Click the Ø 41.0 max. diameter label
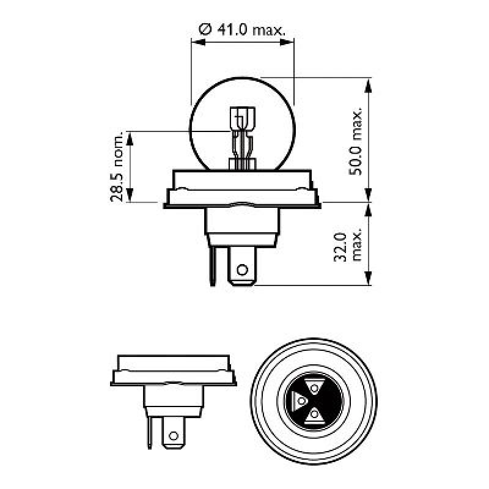(243, 28)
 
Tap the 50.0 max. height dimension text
(357, 141)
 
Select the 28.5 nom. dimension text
(119, 166)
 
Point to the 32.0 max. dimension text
(349, 246)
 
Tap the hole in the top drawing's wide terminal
(242, 270)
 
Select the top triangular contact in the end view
(314, 387)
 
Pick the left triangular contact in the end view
(300, 401)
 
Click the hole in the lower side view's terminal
(174, 436)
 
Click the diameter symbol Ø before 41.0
(206, 28)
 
